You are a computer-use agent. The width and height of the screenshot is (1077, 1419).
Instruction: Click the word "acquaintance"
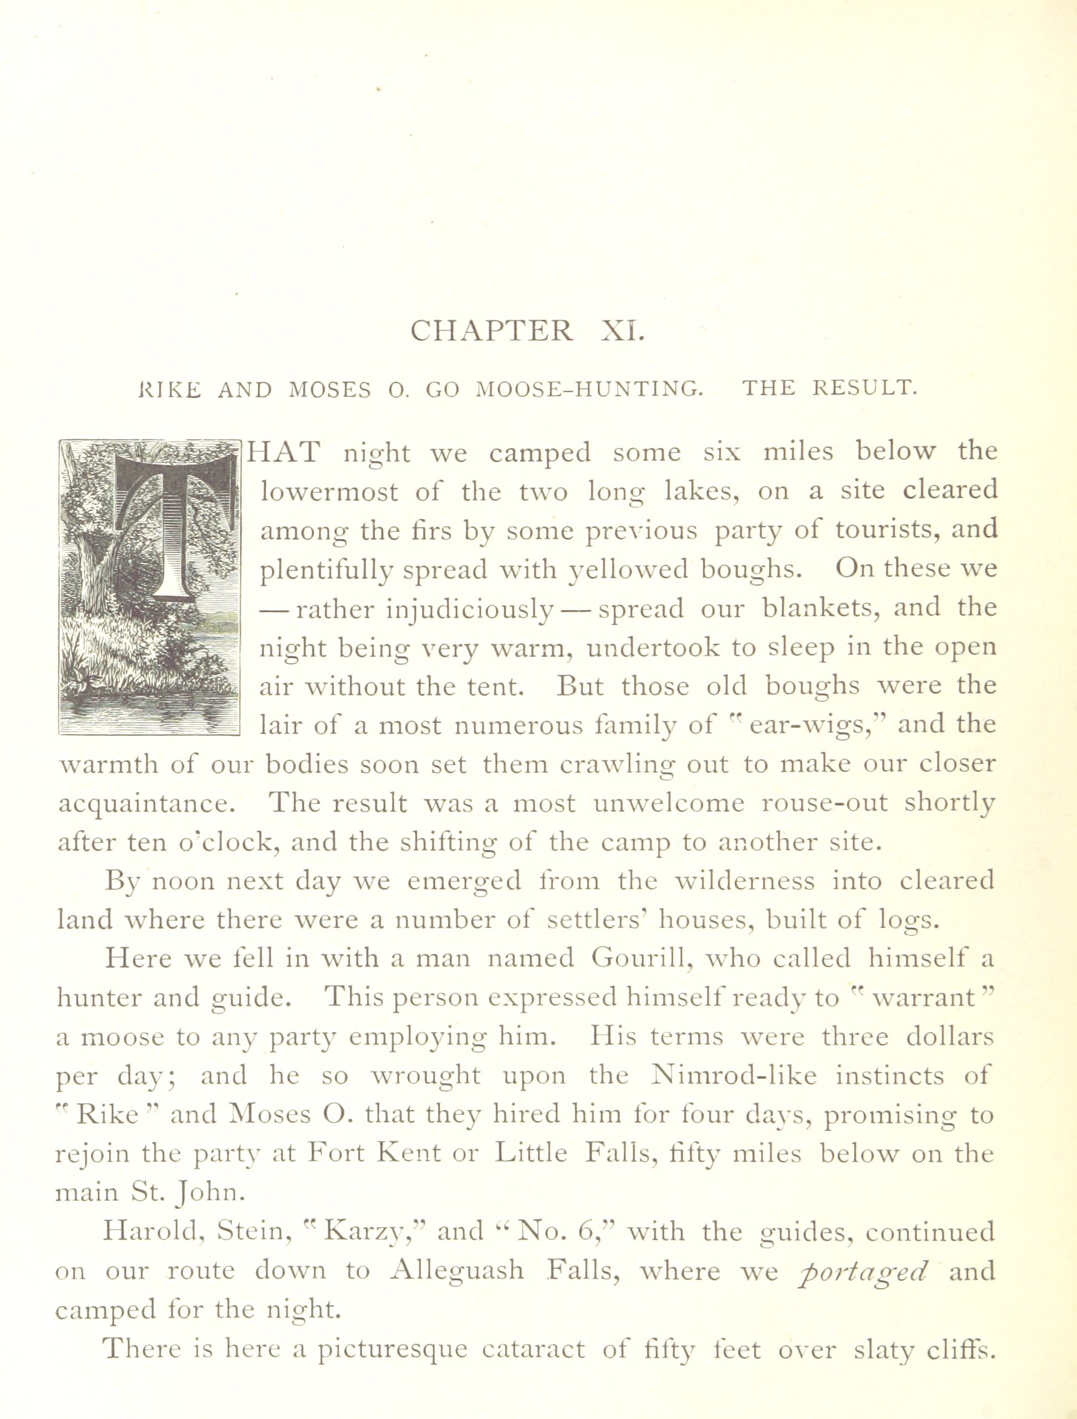(152, 805)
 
